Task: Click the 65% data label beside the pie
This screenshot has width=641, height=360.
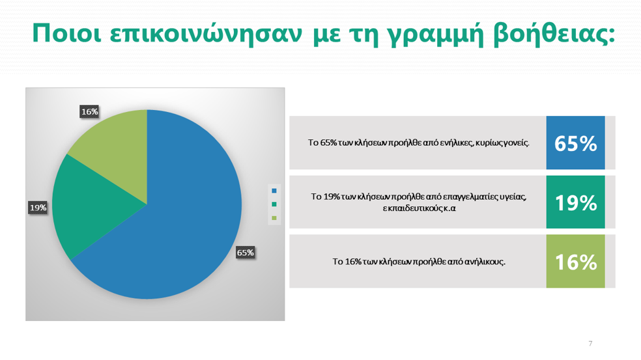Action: tap(245, 253)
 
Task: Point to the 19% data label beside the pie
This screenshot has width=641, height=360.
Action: tap(38, 208)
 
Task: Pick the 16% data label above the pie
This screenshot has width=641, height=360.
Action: tap(89, 111)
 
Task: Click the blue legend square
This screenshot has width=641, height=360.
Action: tap(274, 191)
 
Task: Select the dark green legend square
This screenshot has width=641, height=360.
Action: tap(274, 204)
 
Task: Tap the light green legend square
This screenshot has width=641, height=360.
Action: tap(274, 217)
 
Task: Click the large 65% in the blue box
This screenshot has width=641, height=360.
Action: tap(575, 143)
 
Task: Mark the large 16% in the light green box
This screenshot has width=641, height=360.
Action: tap(575, 262)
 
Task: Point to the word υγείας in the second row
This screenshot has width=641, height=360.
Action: tap(512, 197)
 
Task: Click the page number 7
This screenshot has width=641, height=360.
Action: tap(590, 343)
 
